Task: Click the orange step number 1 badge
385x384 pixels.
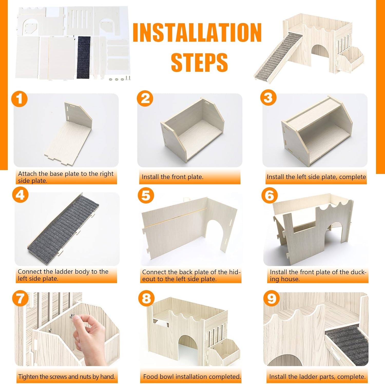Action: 20,99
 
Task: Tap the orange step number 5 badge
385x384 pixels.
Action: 146,195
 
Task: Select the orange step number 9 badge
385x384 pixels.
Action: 272,298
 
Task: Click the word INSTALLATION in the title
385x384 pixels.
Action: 197,32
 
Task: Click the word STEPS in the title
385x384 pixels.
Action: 199,62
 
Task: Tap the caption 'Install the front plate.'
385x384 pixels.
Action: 172,177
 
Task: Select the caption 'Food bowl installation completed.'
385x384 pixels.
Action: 192,377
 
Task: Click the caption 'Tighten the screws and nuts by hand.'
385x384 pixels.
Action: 66,377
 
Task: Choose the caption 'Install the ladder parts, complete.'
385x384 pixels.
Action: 317,377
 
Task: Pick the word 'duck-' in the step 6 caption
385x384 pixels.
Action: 357,272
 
